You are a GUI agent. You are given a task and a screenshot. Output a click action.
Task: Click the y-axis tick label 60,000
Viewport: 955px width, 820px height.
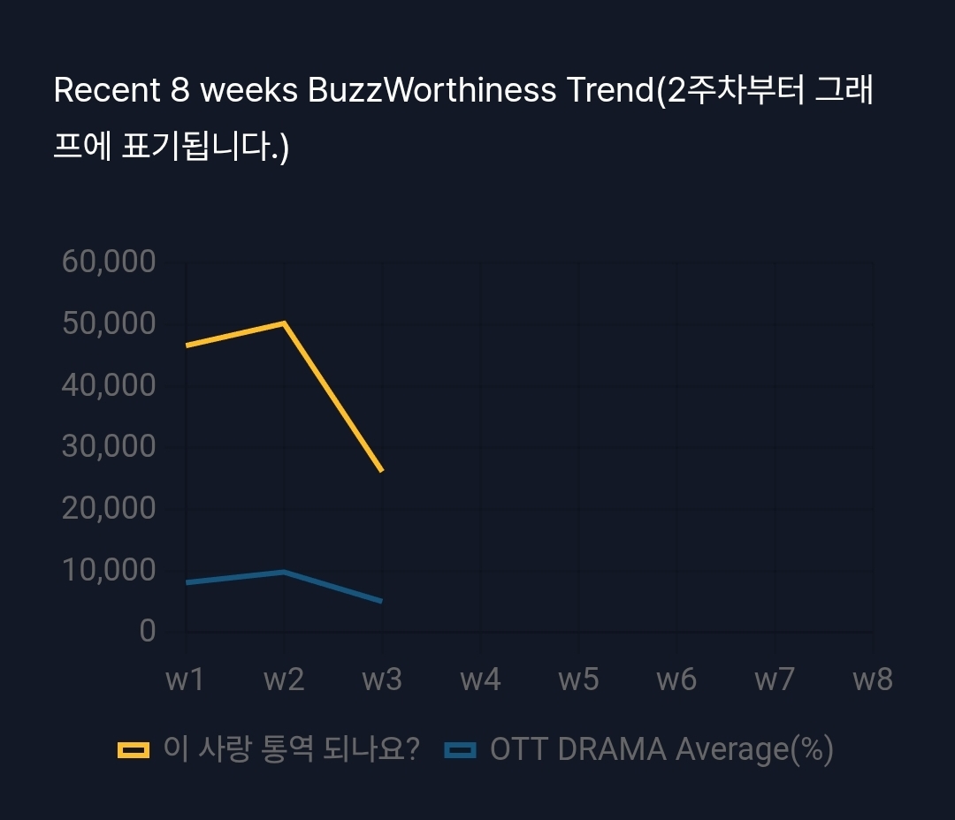point(109,262)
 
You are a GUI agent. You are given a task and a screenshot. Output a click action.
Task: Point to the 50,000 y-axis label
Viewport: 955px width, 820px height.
point(109,323)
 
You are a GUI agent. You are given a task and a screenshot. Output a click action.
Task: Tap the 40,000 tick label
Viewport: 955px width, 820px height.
point(109,385)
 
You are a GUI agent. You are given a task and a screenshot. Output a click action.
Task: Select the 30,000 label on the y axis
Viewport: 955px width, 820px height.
point(109,447)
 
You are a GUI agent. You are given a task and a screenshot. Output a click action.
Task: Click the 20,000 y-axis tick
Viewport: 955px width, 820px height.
point(109,508)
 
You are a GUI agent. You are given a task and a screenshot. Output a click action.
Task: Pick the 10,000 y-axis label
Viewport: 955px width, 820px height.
point(109,570)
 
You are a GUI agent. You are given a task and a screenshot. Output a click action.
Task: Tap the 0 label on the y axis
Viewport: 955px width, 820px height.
point(147,631)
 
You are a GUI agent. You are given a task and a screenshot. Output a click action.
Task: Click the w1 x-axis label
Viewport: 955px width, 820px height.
point(186,680)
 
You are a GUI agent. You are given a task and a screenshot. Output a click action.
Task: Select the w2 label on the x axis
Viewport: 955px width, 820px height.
point(284,680)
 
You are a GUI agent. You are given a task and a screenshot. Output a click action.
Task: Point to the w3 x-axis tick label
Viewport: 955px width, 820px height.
point(382,680)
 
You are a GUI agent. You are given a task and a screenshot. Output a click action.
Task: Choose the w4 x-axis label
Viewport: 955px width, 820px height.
point(480,680)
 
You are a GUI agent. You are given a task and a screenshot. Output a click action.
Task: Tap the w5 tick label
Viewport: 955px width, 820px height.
point(578,680)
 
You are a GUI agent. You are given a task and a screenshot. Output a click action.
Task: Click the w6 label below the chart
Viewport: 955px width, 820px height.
point(676,680)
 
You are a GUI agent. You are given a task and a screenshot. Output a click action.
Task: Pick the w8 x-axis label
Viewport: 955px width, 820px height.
point(872,680)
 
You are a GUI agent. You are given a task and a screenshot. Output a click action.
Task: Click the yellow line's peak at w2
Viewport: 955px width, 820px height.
point(284,323)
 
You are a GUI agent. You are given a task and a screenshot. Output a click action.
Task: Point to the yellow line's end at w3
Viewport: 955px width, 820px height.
point(381,470)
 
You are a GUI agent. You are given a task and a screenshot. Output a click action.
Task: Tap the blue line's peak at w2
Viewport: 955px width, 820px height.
point(284,572)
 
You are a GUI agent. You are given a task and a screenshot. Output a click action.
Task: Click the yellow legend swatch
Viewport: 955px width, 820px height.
point(134,750)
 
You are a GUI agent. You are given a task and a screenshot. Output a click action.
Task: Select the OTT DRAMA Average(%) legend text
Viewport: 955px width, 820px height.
point(661,750)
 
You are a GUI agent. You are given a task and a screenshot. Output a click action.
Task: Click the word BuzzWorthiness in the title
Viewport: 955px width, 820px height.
point(432,91)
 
